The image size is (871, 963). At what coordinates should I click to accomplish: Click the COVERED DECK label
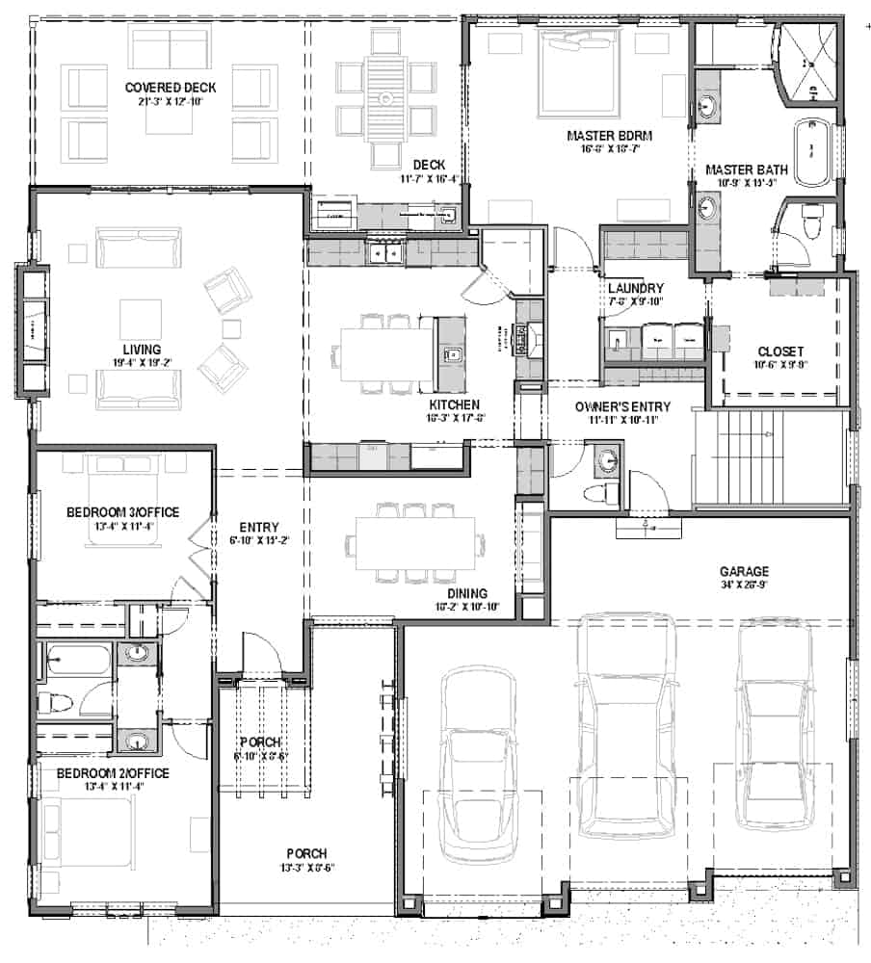tap(170, 88)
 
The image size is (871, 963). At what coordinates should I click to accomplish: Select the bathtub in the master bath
tap(811, 149)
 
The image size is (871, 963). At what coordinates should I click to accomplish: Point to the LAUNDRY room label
tap(635, 288)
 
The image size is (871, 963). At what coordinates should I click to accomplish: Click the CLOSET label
tap(780, 351)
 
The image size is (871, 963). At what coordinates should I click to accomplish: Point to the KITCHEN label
tap(455, 403)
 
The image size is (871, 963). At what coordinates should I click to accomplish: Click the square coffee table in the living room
tap(141, 319)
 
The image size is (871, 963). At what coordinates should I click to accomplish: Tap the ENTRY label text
tap(260, 527)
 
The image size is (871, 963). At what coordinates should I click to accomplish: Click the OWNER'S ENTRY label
tap(622, 407)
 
